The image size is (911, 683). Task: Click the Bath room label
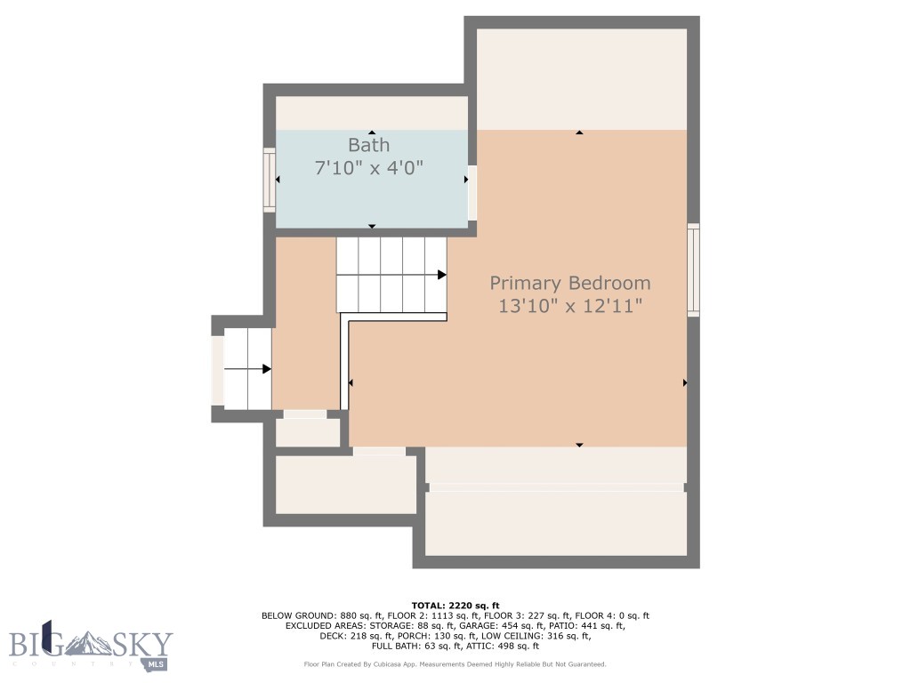(x=368, y=145)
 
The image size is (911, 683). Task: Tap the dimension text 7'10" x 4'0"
(x=368, y=166)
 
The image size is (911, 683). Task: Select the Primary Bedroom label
(x=570, y=284)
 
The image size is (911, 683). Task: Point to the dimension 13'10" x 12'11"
(x=570, y=306)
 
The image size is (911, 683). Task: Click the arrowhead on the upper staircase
(x=441, y=275)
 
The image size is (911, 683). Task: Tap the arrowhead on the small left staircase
(x=266, y=368)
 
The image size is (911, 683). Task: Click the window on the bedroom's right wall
(x=693, y=269)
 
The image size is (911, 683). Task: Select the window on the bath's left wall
(x=269, y=180)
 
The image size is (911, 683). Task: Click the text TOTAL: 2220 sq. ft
(x=455, y=605)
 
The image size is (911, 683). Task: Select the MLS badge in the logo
(x=157, y=664)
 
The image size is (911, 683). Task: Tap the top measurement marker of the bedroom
(x=579, y=133)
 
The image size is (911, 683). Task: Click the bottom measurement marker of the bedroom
(x=579, y=445)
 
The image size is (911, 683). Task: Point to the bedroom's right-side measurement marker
(x=684, y=382)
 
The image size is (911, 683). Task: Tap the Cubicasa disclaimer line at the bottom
(x=455, y=664)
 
